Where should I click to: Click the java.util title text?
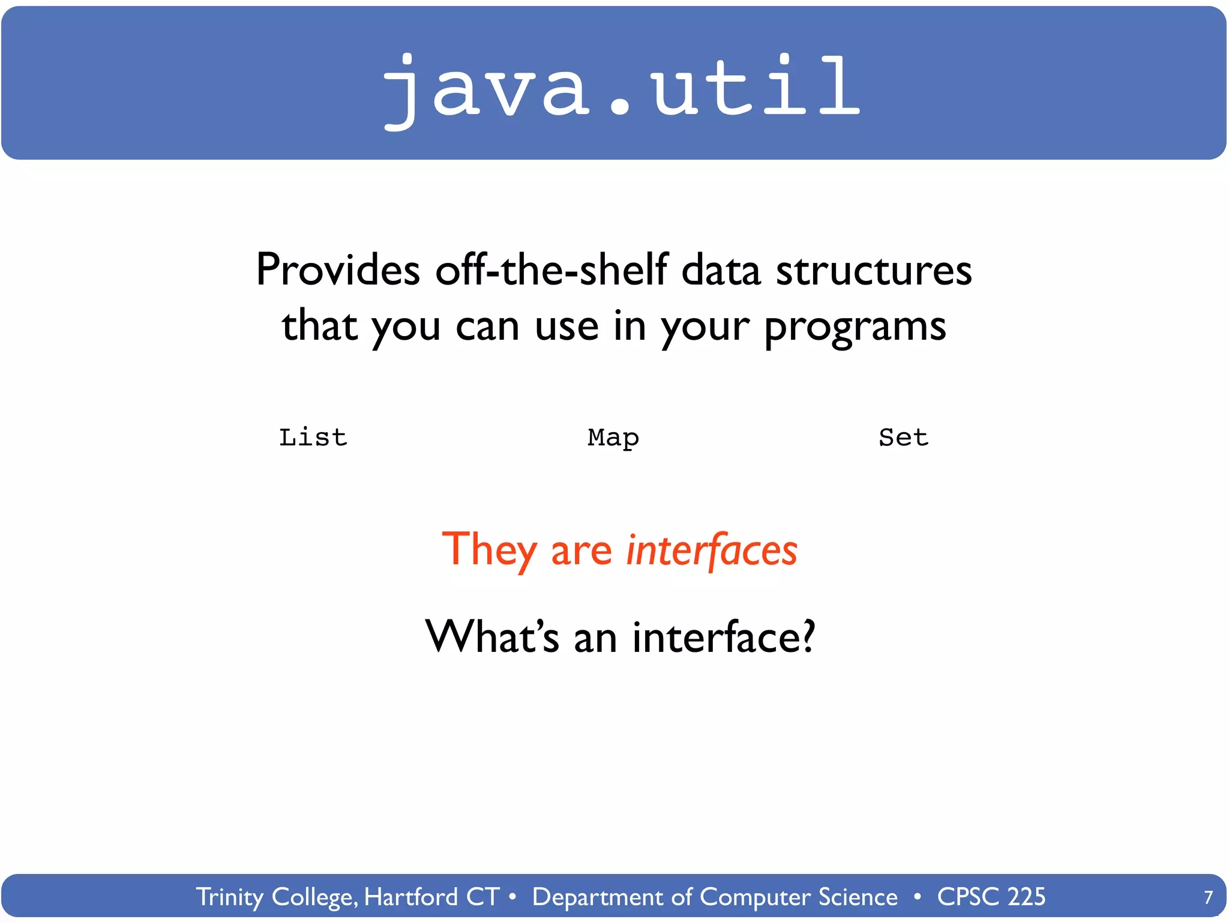[621, 87]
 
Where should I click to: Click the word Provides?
[338, 270]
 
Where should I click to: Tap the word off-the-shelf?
[551, 270]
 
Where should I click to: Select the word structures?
[874, 270]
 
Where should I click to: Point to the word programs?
[855, 327]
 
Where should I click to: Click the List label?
[313, 437]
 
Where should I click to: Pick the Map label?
[613, 438]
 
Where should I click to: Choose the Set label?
[904, 437]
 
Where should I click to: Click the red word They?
[489, 550]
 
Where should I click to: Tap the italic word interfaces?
[712, 550]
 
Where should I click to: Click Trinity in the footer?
[230, 897]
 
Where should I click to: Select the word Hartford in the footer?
[411, 897]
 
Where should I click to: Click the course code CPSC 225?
[991, 897]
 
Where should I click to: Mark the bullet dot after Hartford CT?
[512, 897]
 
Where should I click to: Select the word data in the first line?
[721, 270]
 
